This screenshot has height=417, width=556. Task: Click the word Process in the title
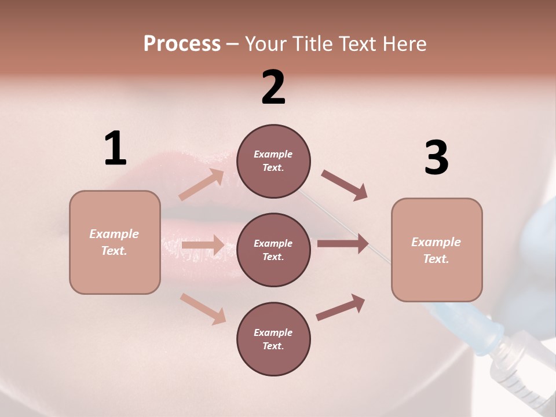(182, 44)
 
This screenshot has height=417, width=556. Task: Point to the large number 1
(115, 149)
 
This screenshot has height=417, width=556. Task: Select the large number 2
(273, 87)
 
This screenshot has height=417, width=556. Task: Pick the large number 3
(436, 158)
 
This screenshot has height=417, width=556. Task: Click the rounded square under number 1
(115, 242)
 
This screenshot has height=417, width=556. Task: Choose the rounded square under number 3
(437, 250)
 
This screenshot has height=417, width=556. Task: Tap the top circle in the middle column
(273, 161)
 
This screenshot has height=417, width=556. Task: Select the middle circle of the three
(273, 250)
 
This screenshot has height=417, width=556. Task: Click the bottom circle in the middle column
(273, 339)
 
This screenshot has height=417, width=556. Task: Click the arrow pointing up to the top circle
(202, 185)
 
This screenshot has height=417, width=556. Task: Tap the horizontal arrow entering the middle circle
(203, 245)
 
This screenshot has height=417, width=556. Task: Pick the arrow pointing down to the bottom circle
(203, 309)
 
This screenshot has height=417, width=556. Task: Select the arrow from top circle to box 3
(344, 185)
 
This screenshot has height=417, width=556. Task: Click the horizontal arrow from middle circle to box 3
(343, 244)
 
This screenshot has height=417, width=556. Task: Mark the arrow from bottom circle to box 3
(341, 307)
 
